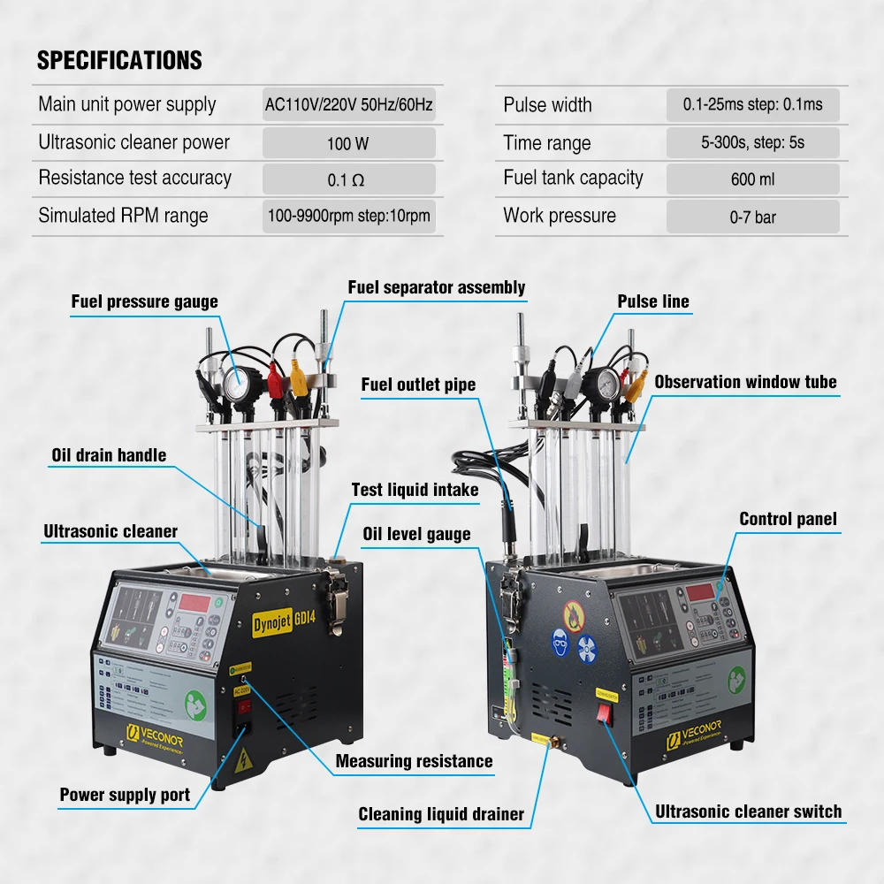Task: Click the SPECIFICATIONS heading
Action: (x=119, y=61)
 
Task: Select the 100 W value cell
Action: (x=348, y=143)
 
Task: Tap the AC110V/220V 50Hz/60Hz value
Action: (x=348, y=105)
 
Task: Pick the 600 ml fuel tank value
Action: (x=752, y=179)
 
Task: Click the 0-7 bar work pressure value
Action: (x=752, y=217)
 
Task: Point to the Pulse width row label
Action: (x=547, y=105)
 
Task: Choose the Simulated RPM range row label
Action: (x=123, y=216)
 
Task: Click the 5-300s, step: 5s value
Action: (x=752, y=142)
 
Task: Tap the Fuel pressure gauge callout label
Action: (x=144, y=302)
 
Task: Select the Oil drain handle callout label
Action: (x=108, y=455)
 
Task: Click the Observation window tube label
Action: (x=745, y=383)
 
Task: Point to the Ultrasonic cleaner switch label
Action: (x=748, y=812)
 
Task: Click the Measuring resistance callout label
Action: (x=414, y=761)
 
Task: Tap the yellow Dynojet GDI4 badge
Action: (x=275, y=616)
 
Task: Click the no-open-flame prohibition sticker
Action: (x=574, y=612)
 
